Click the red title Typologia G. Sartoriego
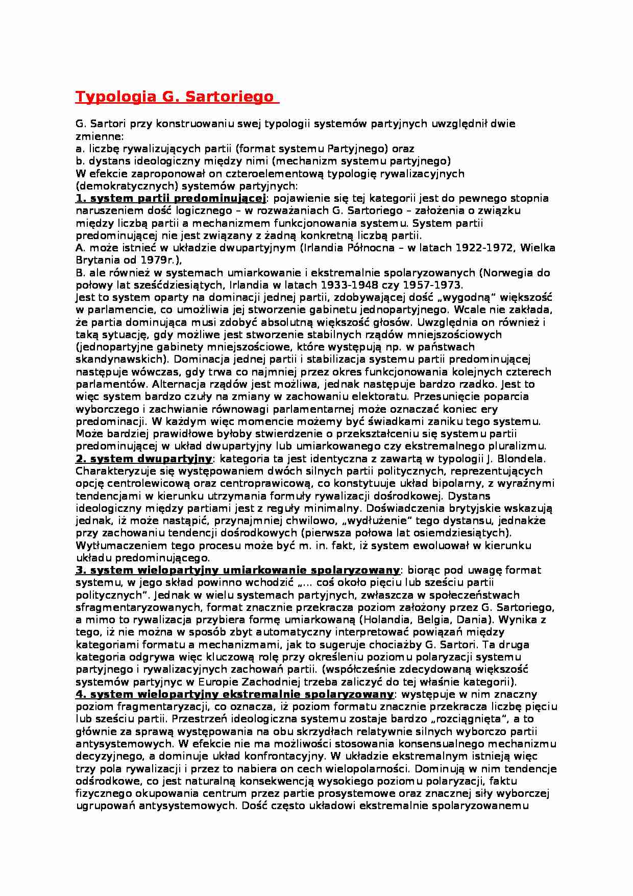[174, 97]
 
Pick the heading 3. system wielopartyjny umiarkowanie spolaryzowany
[237, 570]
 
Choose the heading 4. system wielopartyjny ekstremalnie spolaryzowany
[235, 694]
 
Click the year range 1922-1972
[489, 248]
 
